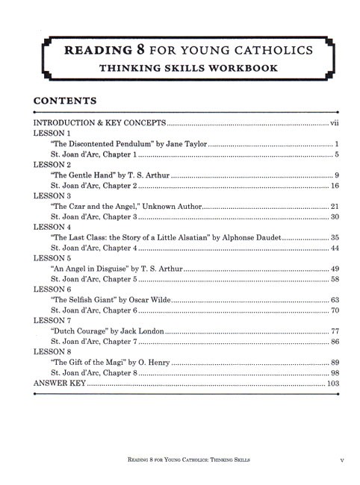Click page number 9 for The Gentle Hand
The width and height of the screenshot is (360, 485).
click(338, 175)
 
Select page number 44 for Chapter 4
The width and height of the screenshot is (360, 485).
click(335, 248)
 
